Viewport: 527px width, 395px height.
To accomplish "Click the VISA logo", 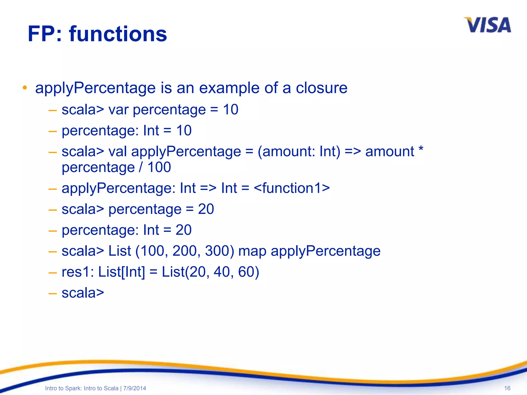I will click(x=487, y=25).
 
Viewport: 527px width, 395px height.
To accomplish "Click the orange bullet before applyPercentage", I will click(x=25, y=88).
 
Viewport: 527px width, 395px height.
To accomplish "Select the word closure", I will click(x=321, y=88).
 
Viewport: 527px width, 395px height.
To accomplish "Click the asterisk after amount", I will click(x=421, y=149).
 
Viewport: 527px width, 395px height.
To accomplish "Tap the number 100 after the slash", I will click(x=159, y=167).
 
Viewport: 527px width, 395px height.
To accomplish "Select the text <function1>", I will click(x=292, y=188).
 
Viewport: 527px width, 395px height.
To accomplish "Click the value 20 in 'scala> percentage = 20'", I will click(x=206, y=209).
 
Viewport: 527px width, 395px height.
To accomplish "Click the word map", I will click(x=252, y=251).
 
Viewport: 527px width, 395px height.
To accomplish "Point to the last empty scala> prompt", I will click(x=83, y=293).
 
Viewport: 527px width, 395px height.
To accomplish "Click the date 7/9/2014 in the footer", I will click(x=135, y=388).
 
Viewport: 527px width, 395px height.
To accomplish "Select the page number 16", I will click(x=507, y=388).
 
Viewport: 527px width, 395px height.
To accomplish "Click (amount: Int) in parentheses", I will click(x=299, y=151).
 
